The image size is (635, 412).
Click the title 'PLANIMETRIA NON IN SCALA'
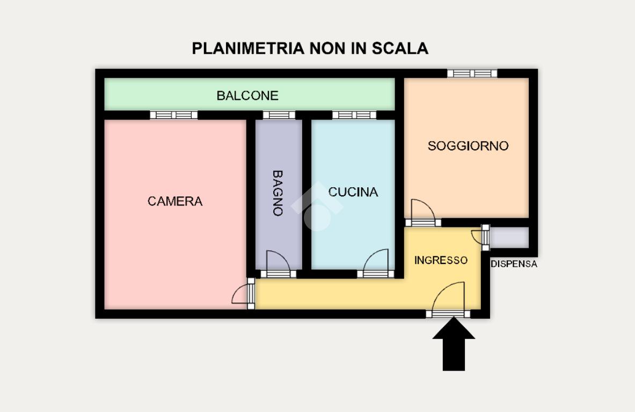[310, 48]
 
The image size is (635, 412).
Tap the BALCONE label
[247, 95]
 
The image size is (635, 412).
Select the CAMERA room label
[175, 201]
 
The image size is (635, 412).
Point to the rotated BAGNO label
[278, 193]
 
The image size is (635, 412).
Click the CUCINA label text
[353, 192]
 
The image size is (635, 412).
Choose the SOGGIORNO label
[468, 146]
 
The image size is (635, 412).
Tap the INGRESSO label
[441, 260]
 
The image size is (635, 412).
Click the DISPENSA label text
[514, 264]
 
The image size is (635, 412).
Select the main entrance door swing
[449, 300]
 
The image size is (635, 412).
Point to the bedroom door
[243, 293]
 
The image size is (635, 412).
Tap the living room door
[422, 212]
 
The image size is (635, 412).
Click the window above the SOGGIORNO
[472, 73]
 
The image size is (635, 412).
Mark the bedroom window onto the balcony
[173, 115]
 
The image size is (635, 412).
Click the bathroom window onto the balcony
[279, 115]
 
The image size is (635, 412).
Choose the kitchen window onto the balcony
[354, 115]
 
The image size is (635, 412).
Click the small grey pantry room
[509, 238]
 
